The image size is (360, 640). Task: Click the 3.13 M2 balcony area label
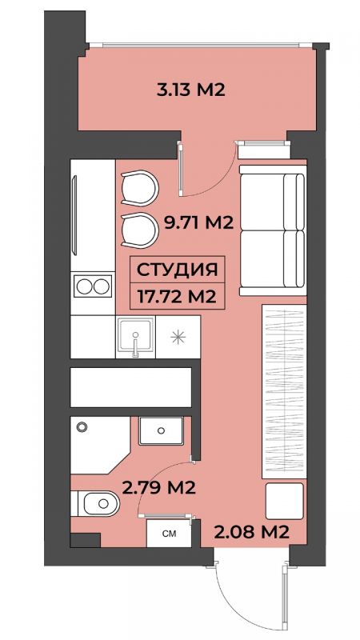pyautogui.click(x=190, y=90)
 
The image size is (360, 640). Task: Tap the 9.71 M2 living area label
pyautogui.click(x=198, y=223)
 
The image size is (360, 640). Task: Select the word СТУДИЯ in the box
pyautogui.click(x=177, y=270)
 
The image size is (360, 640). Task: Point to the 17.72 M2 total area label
pyautogui.click(x=177, y=296)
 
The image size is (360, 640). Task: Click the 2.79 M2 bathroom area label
pyautogui.click(x=158, y=487)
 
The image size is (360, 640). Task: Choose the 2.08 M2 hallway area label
pyautogui.click(x=251, y=531)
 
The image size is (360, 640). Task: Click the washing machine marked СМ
pyautogui.click(x=169, y=534)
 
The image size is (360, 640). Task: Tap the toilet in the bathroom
pyautogui.click(x=95, y=503)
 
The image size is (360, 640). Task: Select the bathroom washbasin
pyautogui.click(x=161, y=430)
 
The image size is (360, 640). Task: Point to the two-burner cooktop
pyautogui.click(x=93, y=286)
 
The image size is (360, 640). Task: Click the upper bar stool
pyautogui.click(x=139, y=188)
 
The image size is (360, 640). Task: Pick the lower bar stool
pyautogui.click(x=139, y=230)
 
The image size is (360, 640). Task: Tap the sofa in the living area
pyautogui.click(x=273, y=230)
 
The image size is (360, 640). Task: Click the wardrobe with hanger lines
pyautogui.click(x=284, y=391)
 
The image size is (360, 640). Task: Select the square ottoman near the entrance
pyautogui.click(x=285, y=501)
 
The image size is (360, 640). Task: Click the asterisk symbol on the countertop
pyautogui.click(x=178, y=337)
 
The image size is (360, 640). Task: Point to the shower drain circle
pyautogui.click(x=82, y=427)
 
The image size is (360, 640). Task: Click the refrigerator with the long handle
pyautogui.click(x=93, y=215)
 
